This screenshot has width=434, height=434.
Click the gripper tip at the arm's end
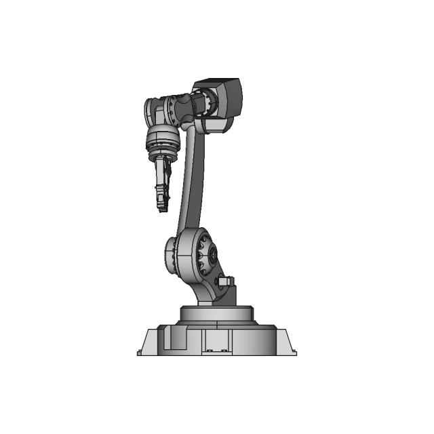162,205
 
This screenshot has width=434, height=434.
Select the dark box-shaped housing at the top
224,97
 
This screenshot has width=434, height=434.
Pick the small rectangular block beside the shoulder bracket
224,280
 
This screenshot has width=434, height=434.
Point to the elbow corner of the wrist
155,112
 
